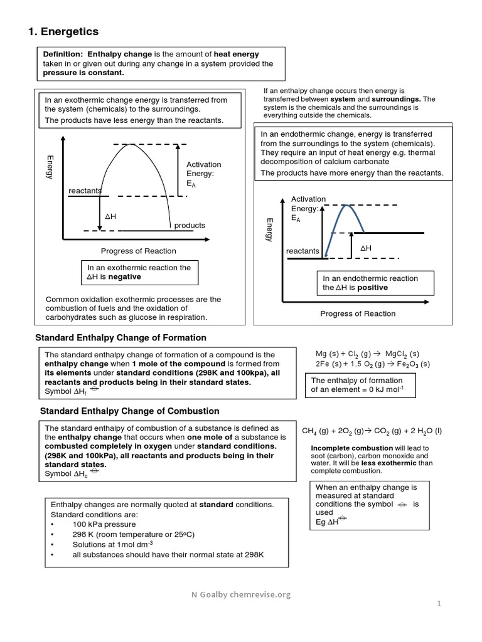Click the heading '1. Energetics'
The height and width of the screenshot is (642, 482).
click(65, 31)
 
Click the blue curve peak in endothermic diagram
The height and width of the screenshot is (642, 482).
click(344, 207)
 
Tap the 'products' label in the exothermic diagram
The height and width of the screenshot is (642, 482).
click(190, 225)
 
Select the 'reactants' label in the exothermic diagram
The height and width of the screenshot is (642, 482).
click(85, 191)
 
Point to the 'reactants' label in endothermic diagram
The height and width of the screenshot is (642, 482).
click(303, 251)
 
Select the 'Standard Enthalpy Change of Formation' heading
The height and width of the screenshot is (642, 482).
click(120, 337)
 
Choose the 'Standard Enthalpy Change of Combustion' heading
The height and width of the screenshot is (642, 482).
click(129, 411)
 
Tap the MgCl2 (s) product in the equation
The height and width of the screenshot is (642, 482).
click(402, 354)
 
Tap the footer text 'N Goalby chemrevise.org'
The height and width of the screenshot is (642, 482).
click(242, 595)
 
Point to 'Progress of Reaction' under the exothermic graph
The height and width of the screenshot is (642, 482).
click(139, 251)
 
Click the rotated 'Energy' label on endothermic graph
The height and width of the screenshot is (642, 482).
click(269, 230)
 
